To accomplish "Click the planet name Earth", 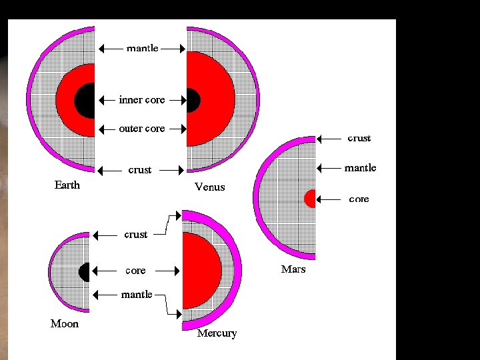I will tap(67, 185).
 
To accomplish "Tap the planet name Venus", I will tap(209, 187).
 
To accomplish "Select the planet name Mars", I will tap(293, 269).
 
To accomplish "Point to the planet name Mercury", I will tap(217, 333).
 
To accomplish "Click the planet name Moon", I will tap(65, 324).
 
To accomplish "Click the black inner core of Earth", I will tap(85, 101).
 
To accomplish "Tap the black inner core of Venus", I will tap(193, 101).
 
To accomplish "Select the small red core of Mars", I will tap(310, 199).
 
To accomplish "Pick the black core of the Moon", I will tap(85, 272).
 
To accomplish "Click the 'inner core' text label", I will tap(141, 100).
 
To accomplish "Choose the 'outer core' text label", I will tap(141, 129).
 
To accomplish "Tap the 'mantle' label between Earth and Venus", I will tap(143, 48).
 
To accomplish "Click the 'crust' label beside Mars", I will tap(359, 138).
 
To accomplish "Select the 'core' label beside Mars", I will tap(359, 199).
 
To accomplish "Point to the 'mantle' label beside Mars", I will tap(360, 168).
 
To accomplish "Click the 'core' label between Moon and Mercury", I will tap(135, 271).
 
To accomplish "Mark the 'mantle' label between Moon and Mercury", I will tap(137, 294).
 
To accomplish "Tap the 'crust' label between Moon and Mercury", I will tap(136, 235).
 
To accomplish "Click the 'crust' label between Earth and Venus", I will tap(140, 170).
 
